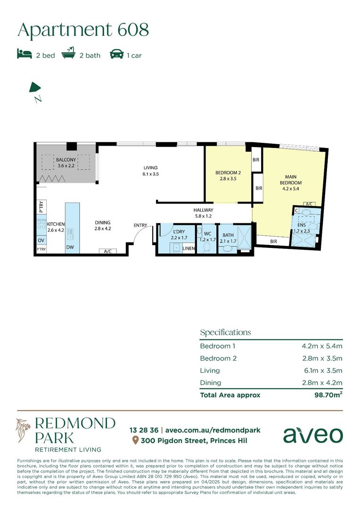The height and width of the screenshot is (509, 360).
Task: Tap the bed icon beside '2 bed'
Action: (25, 54)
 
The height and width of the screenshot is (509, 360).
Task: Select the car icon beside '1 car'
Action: (117, 54)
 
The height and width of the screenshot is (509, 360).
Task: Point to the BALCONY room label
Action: (66, 160)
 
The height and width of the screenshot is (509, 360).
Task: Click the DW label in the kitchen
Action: (70, 247)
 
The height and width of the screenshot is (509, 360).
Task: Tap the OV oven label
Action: (41, 240)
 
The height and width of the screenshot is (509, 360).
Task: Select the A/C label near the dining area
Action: (108, 251)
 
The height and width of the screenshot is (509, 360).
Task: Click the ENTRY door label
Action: (140, 225)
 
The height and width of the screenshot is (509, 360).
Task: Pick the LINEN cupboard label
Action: (188, 248)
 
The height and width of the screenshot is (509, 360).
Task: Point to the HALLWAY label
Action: (203, 210)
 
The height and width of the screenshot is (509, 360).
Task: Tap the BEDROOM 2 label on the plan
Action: (228, 172)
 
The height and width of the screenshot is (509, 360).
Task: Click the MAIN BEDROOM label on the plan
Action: (291, 180)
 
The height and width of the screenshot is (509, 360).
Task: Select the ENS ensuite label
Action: (302, 225)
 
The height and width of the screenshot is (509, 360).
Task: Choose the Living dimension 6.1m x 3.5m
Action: (322, 370)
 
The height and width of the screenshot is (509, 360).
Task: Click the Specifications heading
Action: (225, 332)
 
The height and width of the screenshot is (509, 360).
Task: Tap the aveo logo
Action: (313, 435)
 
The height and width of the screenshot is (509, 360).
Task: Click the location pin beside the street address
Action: (135, 441)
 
